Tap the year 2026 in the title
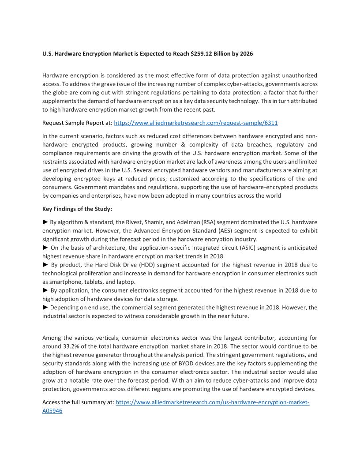[245, 54]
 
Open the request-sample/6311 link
[196, 123]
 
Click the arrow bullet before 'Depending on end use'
[45, 307]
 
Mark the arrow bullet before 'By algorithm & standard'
[45, 222]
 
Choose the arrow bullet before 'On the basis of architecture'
[45, 248]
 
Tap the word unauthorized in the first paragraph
[297, 76]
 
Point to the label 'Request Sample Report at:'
[77, 123]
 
